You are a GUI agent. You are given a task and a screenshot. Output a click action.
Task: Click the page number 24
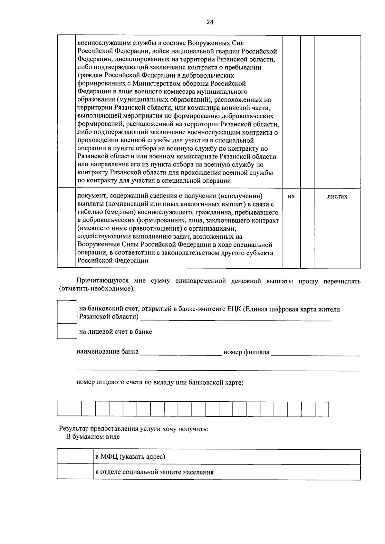(210, 22)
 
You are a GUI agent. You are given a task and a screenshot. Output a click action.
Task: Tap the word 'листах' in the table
(337, 197)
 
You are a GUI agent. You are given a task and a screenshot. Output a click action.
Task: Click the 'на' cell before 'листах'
(291, 197)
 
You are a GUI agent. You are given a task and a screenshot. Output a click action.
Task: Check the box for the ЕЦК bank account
(67, 312)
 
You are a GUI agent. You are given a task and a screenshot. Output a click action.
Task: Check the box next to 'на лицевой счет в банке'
(67, 331)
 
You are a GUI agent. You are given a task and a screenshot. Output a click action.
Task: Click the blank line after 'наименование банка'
(181, 353)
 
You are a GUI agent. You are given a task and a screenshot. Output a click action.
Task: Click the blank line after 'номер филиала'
(315, 353)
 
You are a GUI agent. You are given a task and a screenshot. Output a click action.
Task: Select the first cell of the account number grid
(63, 409)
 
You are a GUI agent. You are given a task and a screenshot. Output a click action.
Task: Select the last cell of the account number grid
(322, 409)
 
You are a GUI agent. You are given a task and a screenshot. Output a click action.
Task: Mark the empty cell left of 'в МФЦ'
(75, 457)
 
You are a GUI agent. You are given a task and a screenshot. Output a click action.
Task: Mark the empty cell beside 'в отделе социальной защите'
(75, 472)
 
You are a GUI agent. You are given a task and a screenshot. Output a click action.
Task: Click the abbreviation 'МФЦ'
(109, 457)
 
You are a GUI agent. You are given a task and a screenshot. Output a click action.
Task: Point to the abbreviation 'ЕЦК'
(234, 309)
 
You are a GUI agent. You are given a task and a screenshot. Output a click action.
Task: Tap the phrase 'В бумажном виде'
(93, 437)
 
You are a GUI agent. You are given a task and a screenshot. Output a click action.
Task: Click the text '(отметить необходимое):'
(97, 289)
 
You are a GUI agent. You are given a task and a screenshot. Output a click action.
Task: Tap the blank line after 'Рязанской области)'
(236, 318)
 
